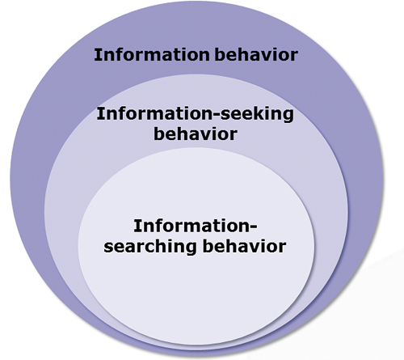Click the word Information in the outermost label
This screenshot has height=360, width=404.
pyautogui.click(x=152, y=55)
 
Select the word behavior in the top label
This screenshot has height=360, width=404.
pyautogui.click(x=256, y=54)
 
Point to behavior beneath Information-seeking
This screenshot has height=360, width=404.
pyautogui.click(x=196, y=133)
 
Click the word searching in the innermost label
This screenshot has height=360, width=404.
pyautogui.click(x=150, y=247)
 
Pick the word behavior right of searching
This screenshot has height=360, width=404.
pyautogui.click(x=244, y=246)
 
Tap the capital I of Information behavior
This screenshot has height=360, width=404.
pyautogui.click(x=97, y=55)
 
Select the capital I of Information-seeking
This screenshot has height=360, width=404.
pyautogui.click(x=99, y=113)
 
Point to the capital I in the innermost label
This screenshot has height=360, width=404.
pyautogui.click(x=137, y=226)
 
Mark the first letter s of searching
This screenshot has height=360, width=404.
pyautogui.click(x=108, y=248)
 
